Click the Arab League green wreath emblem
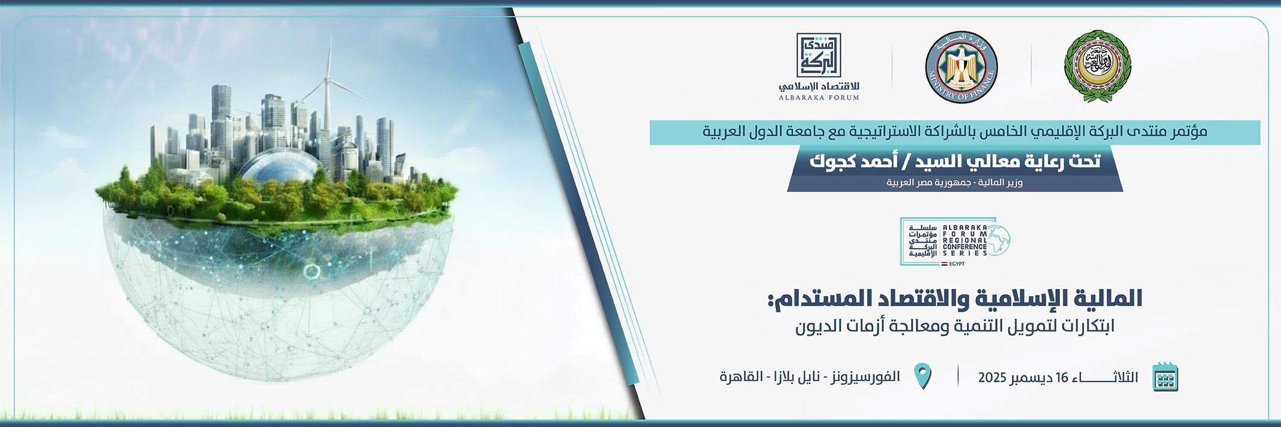pos(1097,67)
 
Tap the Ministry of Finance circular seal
pos(961,67)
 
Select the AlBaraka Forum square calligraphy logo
pos(819,55)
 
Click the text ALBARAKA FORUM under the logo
pos(819,97)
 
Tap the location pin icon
pos(922,376)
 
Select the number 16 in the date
pos(1062,378)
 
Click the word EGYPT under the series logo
pos(957,264)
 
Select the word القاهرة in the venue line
pos(741,377)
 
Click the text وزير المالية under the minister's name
pos(1000,183)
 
